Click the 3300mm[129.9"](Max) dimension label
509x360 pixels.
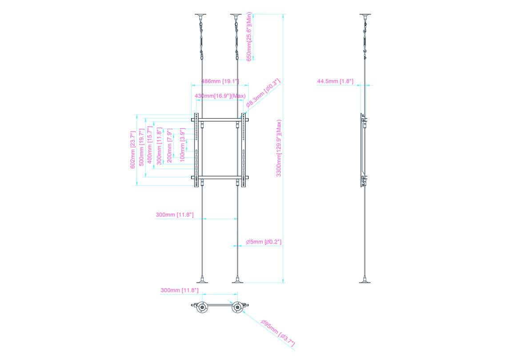click(279, 148)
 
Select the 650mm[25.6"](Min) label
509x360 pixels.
click(249, 37)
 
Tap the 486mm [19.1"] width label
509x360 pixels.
click(220, 81)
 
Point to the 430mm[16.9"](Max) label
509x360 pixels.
click(220, 96)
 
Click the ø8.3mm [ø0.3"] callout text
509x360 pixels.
click(263, 93)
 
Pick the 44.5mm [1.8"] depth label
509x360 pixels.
click(335, 81)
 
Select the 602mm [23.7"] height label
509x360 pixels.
click(133, 150)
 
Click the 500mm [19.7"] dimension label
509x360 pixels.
click(141, 148)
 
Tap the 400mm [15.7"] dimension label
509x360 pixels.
click(150, 145)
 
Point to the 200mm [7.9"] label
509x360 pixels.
click(169, 145)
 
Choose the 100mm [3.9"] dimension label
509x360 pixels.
click(182, 145)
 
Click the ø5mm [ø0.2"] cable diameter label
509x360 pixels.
click(264, 242)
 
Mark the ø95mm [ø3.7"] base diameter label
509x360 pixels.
click(278, 333)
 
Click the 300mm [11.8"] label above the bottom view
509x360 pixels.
click(180, 290)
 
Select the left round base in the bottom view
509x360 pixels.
click(202, 308)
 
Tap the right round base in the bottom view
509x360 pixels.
click(238, 308)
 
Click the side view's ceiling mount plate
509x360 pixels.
click(365, 15)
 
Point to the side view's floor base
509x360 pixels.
click(365, 280)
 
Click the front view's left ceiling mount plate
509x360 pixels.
click(200, 15)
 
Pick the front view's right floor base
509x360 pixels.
click(238, 280)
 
